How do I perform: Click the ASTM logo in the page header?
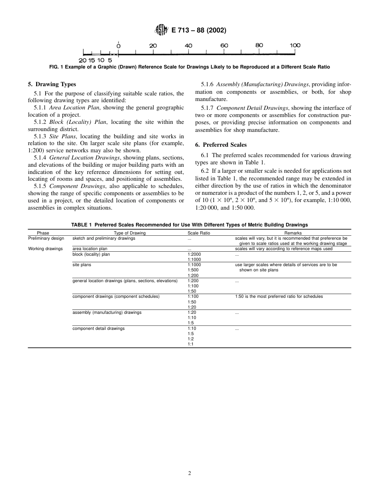[161, 30]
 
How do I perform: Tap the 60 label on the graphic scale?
[224, 46]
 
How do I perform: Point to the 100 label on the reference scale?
[295, 46]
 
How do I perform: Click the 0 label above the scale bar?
[119, 46]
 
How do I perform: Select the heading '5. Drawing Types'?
[52, 84]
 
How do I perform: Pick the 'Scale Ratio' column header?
[198, 233]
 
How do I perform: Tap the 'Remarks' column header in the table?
[293, 233]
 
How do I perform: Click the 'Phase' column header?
[43, 233]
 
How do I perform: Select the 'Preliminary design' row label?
[46, 238]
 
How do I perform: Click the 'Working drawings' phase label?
[45, 249]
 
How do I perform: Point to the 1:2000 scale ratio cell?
[194, 254]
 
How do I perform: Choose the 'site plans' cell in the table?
[82, 265]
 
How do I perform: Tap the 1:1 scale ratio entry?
[190, 344]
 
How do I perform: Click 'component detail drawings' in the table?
[98, 328]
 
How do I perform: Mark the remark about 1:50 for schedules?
[279, 297]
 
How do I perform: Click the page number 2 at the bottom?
[190, 473]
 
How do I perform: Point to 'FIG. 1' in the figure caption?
[56, 67]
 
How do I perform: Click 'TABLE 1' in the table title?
[82, 225]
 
